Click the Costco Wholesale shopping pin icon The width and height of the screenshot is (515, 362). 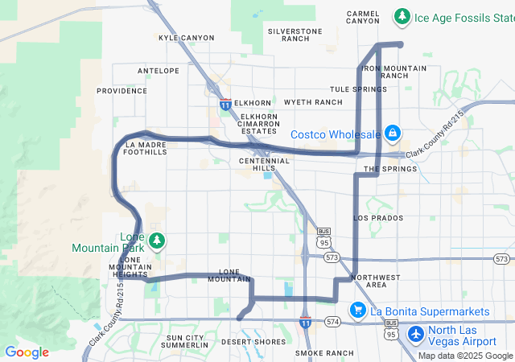(x=392, y=133)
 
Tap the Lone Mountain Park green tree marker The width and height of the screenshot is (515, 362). (x=158, y=240)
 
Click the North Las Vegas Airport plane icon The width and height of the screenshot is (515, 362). (x=416, y=333)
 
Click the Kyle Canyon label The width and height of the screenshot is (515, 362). (x=187, y=38)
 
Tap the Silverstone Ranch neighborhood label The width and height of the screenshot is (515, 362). (x=295, y=35)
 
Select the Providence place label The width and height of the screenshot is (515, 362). (x=122, y=91)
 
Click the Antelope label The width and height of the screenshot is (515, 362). (x=159, y=71)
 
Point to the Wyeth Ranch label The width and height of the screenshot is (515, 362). (x=313, y=102)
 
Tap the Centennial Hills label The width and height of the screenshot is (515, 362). (x=264, y=165)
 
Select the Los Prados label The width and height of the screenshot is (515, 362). (x=377, y=218)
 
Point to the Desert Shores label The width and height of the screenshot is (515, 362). (x=253, y=342)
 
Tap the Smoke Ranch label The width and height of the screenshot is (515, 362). (x=324, y=353)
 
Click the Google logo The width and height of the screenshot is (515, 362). (x=27, y=352)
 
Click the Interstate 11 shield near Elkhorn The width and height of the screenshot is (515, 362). (x=226, y=105)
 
